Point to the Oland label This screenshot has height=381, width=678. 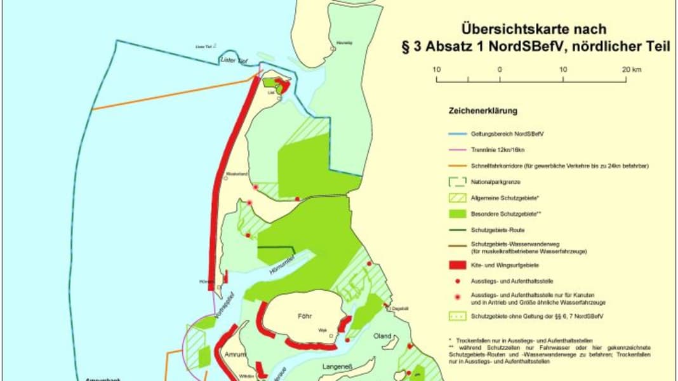click(x=382, y=335)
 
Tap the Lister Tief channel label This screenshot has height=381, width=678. click(x=232, y=60)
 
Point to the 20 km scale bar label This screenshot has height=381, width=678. click(x=630, y=69)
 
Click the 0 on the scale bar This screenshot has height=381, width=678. click(x=500, y=69)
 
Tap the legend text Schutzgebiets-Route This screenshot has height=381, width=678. click(x=498, y=229)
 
